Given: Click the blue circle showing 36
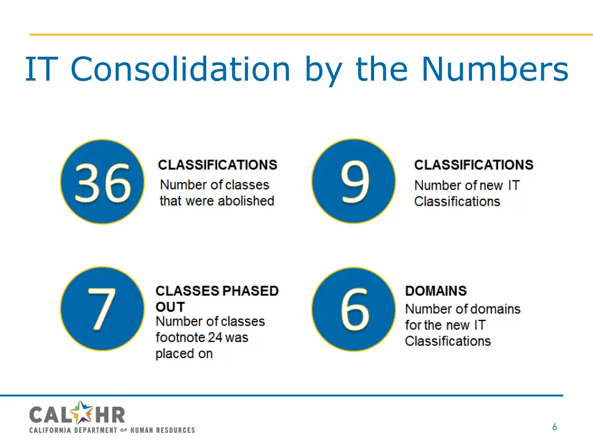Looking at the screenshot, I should [x=103, y=181].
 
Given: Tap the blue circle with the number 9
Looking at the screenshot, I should [x=354, y=181].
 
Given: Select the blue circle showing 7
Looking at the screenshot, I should [x=103, y=309].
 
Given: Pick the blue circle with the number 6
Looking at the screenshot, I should [x=354, y=309].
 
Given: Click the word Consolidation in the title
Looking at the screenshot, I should [x=180, y=69].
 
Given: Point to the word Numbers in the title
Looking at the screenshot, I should [x=495, y=69].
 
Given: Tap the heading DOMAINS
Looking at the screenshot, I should [x=435, y=291].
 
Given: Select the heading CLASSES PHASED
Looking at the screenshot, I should [x=217, y=291].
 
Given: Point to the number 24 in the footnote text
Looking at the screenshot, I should [x=215, y=337].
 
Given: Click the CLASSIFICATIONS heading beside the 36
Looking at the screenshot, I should [x=218, y=165].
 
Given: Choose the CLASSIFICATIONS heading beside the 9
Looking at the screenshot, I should [x=474, y=165].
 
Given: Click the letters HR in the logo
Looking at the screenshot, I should [x=111, y=414].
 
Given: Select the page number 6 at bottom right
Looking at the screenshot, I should [x=554, y=428].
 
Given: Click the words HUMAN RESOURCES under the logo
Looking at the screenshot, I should [x=163, y=430].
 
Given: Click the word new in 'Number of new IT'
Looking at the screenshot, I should [x=492, y=185].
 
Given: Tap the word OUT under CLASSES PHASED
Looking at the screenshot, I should [x=170, y=307].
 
